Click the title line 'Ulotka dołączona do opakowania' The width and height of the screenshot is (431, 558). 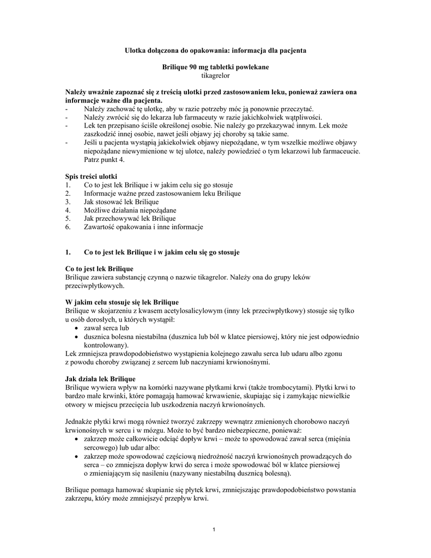click(x=215, y=50)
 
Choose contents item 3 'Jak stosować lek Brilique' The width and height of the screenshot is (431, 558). click(x=117, y=202)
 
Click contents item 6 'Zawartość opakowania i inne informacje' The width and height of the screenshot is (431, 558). click(x=143, y=226)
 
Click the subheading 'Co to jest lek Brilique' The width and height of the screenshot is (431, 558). click(x=99, y=269)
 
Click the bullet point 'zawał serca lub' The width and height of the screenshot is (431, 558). click(x=106, y=329)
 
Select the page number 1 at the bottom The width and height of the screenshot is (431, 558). click(x=215, y=530)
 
